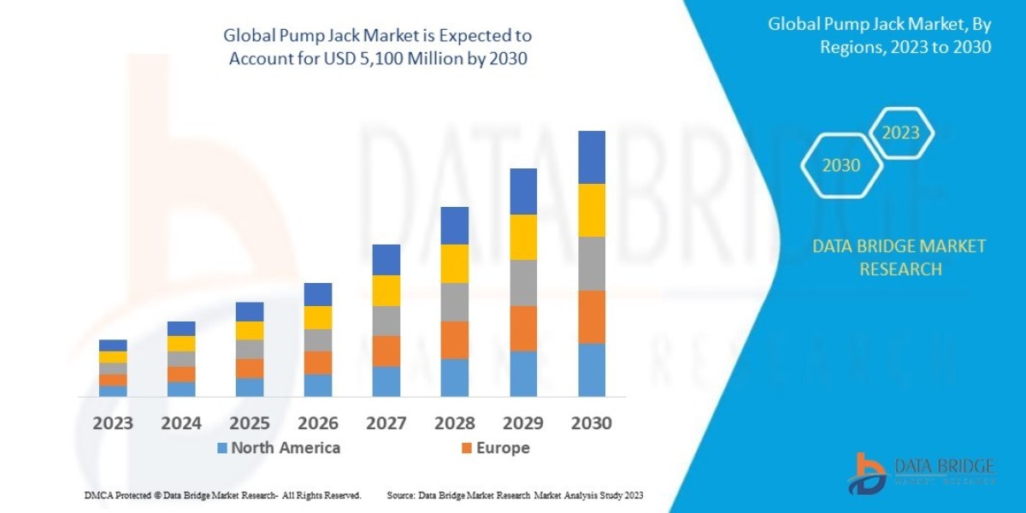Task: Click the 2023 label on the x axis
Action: pyautogui.click(x=113, y=422)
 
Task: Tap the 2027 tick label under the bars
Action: pyautogui.click(x=386, y=422)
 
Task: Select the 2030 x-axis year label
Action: pyautogui.click(x=591, y=422)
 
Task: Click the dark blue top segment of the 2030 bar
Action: pyautogui.click(x=592, y=157)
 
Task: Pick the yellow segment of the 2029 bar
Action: pyautogui.click(x=523, y=237)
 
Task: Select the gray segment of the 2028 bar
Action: pyautogui.click(x=455, y=302)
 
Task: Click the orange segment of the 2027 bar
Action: pyautogui.click(x=386, y=351)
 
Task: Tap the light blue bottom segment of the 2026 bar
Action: pyautogui.click(x=318, y=386)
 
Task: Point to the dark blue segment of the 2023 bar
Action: pyautogui.click(x=113, y=345)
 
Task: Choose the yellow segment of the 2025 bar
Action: pyautogui.click(x=250, y=330)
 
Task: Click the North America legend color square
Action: pyautogui.click(x=222, y=448)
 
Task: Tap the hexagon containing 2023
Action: pyautogui.click(x=900, y=133)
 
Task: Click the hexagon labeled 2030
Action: pyautogui.click(x=841, y=166)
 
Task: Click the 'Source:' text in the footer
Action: pyautogui.click(x=402, y=495)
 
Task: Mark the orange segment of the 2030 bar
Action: pyautogui.click(x=592, y=317)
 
